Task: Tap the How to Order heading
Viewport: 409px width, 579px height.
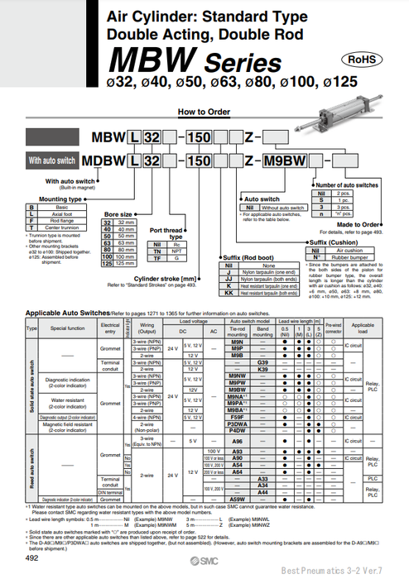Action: click(204, 111)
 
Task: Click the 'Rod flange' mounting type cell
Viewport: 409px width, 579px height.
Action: click(54, 220)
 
